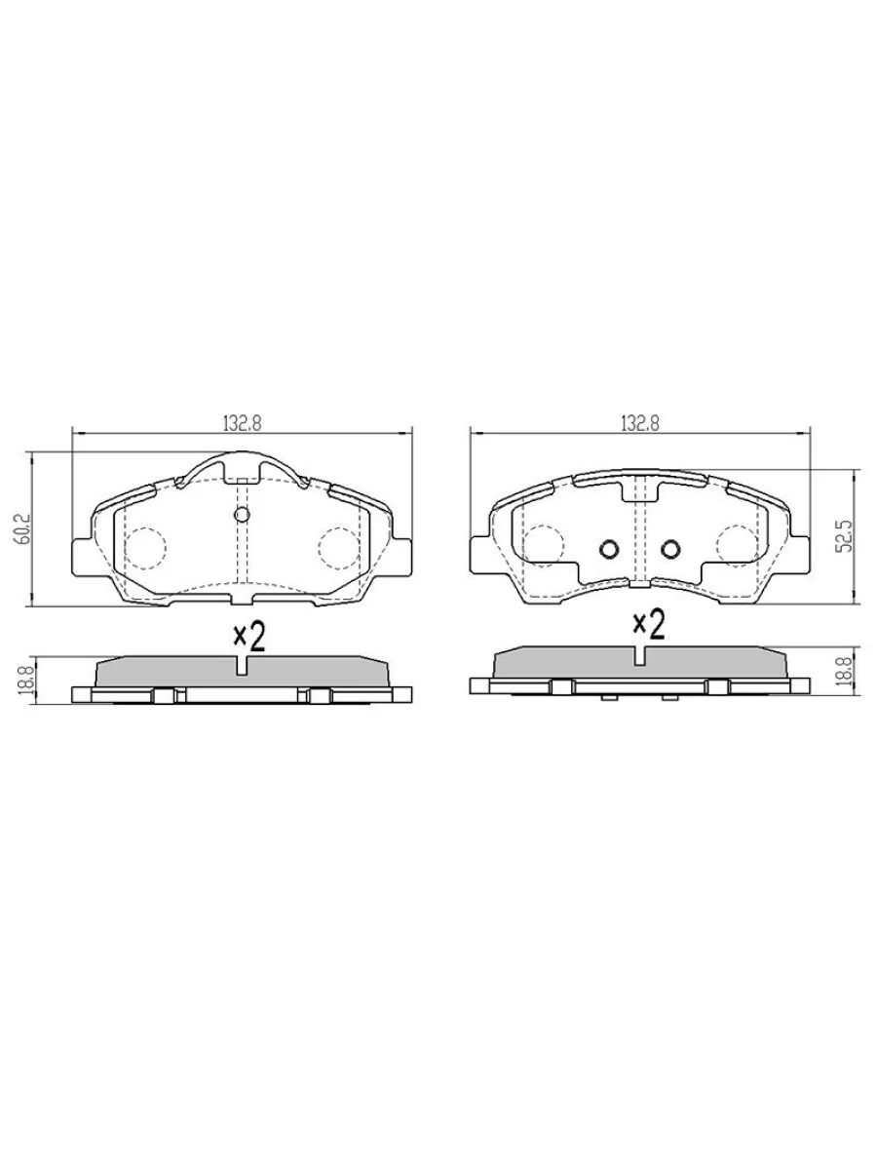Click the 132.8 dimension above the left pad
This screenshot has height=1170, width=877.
pyautogui.click(x=242, y=423)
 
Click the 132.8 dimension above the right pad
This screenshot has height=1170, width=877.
pyautogui.click(x=639, y=423)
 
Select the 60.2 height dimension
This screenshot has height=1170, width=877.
pyautogui.click(x=23, y=529)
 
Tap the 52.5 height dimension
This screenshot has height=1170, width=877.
pyautogui.click(x=847, y=535)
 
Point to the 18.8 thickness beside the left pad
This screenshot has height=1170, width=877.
pyautogui.click(x=23, y=681)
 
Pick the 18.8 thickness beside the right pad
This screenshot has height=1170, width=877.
pyautogui.click(x=847, y=672)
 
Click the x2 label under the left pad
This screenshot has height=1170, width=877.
pyautogui.click(x=249, y=638)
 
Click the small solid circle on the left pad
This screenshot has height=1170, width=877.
pyautogui.click(x=242, y=515)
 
